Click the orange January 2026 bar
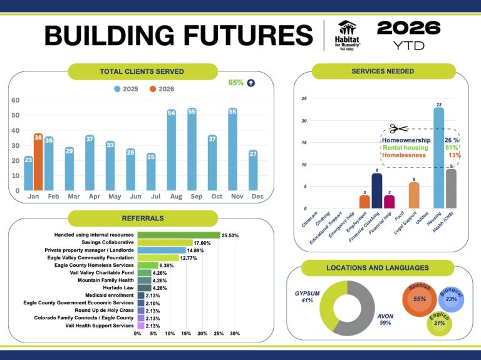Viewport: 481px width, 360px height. (38, 162)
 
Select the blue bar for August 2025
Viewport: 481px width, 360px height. (171, 150)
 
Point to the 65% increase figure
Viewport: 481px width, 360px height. (235, 82)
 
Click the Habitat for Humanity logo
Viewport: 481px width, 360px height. (348, 35)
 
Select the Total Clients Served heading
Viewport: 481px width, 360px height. (142, 71)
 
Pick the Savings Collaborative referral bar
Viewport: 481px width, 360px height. (165, 242)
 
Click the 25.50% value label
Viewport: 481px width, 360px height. (234, 235)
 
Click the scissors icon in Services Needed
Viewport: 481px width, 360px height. (398, 129)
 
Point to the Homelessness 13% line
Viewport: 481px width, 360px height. (421, 155)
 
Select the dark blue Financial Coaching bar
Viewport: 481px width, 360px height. (376, 190)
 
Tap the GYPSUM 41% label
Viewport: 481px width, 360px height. (308, 296)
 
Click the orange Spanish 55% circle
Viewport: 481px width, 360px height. (420, 298)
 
